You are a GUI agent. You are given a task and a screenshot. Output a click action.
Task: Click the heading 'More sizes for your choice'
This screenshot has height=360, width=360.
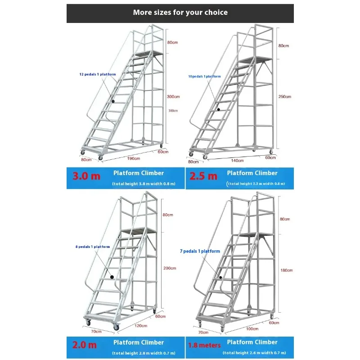pos(180,12)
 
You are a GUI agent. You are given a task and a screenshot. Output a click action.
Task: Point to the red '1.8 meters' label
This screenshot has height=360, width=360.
pos(204,345)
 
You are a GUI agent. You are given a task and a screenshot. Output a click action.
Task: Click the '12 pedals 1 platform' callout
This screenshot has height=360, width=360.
pos(98,74)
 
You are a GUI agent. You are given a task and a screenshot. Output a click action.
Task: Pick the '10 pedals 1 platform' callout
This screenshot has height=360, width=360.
pos(204,76)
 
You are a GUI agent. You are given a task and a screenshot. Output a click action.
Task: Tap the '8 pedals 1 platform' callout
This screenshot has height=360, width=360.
pos(93,247)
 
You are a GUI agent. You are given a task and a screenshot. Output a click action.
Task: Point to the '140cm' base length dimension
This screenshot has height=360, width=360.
pos(237,160)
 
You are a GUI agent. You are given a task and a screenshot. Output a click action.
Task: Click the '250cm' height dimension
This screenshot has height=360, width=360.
pos(285,96)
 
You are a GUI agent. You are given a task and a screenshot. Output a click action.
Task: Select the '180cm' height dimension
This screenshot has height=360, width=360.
pos(286,270)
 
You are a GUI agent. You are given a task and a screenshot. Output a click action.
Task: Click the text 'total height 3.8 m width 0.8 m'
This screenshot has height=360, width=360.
pos(144,184)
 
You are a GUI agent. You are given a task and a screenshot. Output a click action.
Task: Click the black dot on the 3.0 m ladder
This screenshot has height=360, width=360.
pos(114,101)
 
